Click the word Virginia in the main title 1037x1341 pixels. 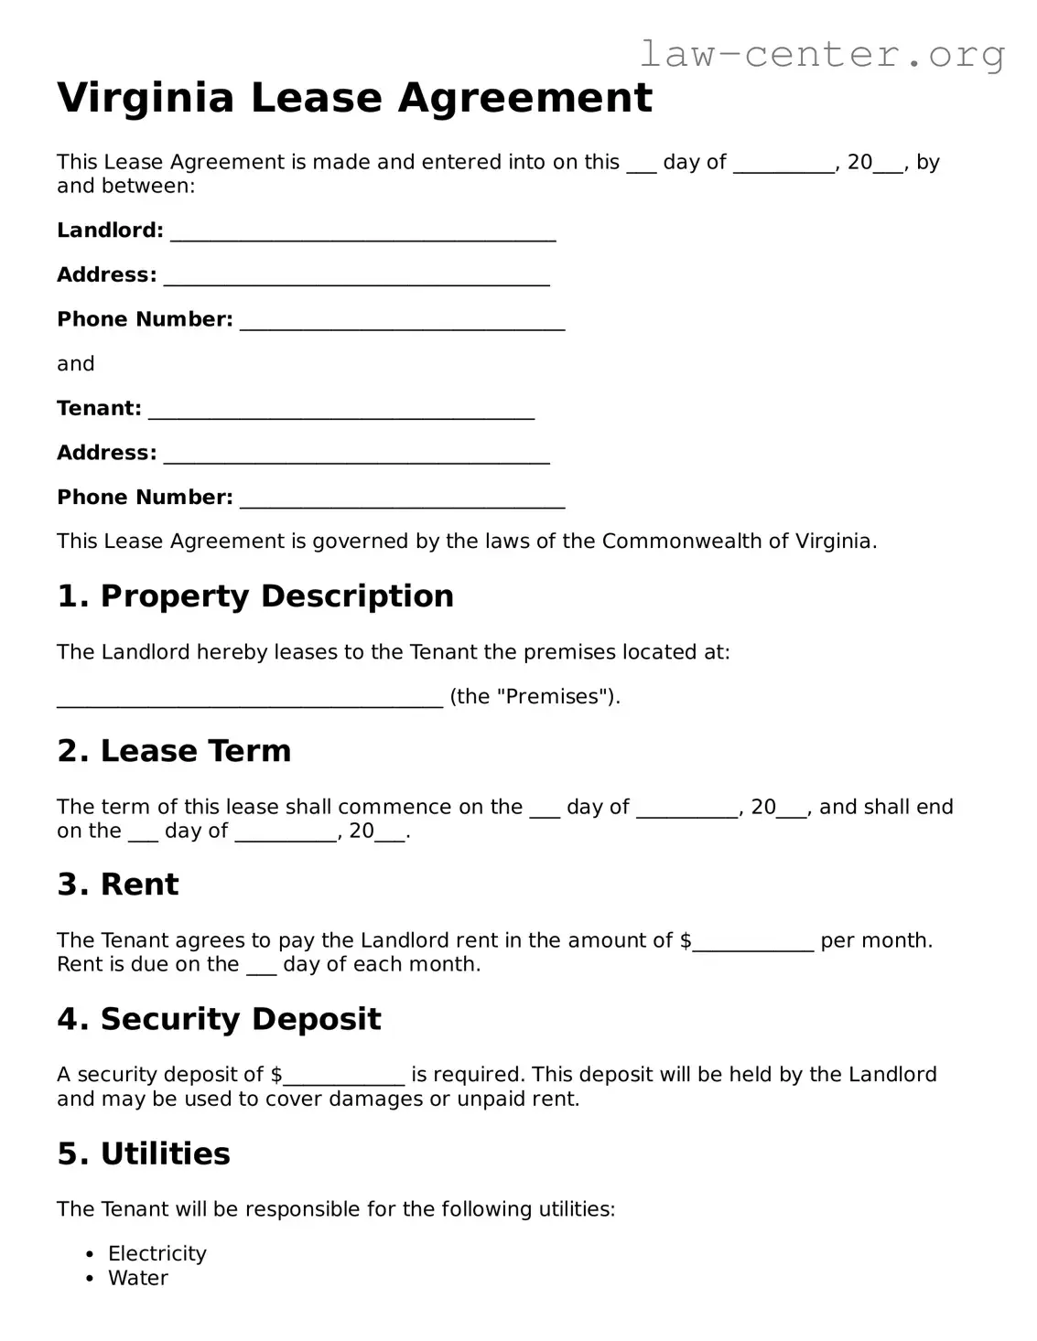(x=146, y=98)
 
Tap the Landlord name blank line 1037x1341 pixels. (x=362, y=232)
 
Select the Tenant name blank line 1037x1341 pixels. (x=340, y=411)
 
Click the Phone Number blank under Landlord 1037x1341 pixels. (x=402, y=322)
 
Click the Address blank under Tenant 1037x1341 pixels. (x=356, y=456)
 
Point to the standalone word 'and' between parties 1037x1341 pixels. (x=76, y=364)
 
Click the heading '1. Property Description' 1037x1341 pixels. (x=255, y=596)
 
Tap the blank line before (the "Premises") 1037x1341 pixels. (x=249, y=699)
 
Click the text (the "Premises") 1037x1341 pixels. (x=535, y=697)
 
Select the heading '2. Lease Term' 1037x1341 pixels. (x=174, y=751)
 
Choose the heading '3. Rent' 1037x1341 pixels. (x=118, y=885)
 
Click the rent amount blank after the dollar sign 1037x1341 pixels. (x=752, y=943)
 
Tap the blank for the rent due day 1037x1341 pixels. (x=261, y=967)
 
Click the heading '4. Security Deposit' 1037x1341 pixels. (x=219, y=1019)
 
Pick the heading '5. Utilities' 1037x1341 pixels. (x=144, y=1153)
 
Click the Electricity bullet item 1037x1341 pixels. (x=157, y=1254)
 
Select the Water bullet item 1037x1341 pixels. (x=138, y=1279)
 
